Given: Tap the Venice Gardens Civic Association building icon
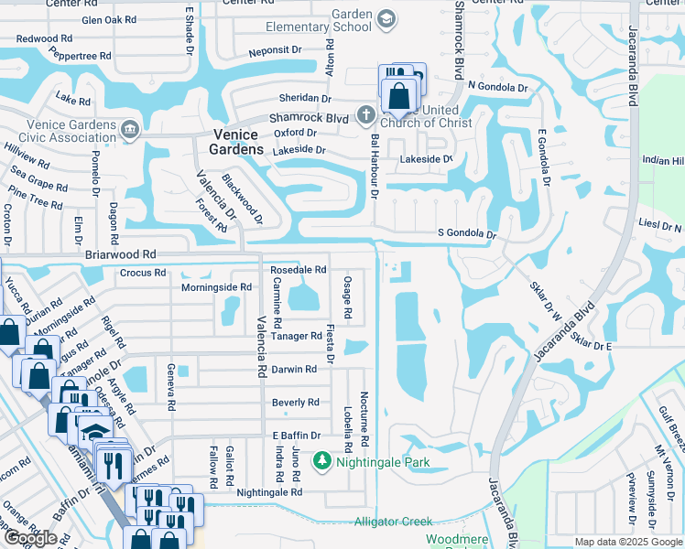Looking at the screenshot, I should tap(130, 128).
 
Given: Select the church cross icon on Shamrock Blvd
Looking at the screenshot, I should tap(365, 114).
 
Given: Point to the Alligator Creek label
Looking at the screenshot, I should tap(393, 522).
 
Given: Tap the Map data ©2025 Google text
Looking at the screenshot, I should tap(628, 542).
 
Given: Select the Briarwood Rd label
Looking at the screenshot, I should tap(120, 255).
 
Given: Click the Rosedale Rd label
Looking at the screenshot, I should tap(299, 270).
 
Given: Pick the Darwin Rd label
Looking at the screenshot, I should tap(294, 370).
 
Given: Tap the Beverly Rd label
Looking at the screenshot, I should tap(296, 403).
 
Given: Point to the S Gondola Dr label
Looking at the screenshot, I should tap(466, 235).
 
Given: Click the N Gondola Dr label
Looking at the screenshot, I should tap(497, 87).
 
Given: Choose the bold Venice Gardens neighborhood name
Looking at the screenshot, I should tap(236, 141).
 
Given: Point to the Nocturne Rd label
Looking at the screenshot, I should tap(364, 420).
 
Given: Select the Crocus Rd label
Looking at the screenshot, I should tap(143, 273).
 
